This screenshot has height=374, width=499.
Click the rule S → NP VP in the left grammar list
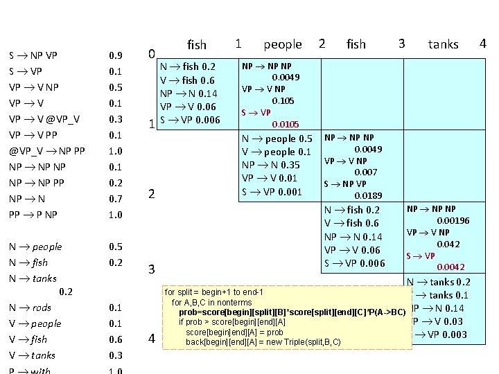[x=33, y=55]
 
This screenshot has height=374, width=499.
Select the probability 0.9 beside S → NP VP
[x=116, y=55]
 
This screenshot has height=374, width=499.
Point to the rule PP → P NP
[x=33, y=215]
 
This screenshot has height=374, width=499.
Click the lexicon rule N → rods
[x=30, y=308]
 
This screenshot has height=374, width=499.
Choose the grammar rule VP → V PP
[x=34, y=135]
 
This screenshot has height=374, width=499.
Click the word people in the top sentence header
[x=283, y=44]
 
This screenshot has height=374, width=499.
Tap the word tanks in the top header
[x=443, y=44]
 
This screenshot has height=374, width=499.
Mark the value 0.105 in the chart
[x=286, y=100]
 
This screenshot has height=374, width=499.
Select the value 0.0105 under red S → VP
[x=286, y=124]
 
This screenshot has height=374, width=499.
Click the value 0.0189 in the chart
[x=369, y=196]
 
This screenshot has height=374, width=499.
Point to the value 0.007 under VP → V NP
[x=365, y=172]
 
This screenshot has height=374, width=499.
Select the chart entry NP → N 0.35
[x=271, y=165]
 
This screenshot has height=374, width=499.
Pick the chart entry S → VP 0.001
[x=272, y=191]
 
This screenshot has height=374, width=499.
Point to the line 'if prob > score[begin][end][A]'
[x=232, y=322]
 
